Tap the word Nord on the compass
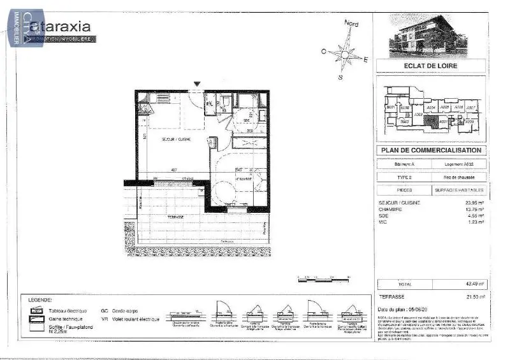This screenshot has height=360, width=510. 351,24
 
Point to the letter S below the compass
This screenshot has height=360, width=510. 340,77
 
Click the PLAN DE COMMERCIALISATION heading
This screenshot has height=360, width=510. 431,151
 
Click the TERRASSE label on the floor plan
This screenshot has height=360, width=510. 176,217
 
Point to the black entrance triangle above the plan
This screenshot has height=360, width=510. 197,84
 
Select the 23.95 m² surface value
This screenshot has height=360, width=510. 473,203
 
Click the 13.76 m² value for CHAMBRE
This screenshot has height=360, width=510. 473,209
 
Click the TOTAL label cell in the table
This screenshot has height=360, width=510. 405,284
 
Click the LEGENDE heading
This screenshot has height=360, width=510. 40,299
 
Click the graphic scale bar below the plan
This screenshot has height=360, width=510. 324,279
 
